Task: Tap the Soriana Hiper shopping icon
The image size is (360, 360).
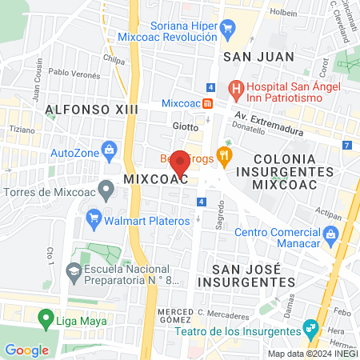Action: (x=228, y=29)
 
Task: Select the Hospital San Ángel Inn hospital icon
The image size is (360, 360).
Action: (x=235, y=87)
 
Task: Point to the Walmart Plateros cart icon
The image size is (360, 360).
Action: (x=94, y=216)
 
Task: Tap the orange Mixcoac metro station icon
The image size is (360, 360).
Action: (x=207, y=102)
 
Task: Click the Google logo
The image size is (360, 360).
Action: (x=26, y=350)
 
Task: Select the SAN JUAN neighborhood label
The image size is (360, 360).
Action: (x=258, y=57)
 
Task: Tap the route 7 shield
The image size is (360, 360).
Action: (x=346, y=145)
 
